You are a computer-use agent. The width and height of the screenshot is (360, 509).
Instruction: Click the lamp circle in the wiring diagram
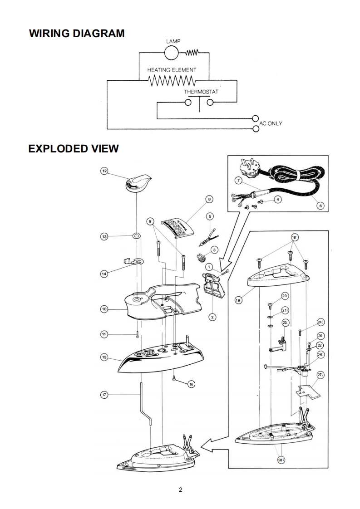pyautogui.click(x=172, y=53)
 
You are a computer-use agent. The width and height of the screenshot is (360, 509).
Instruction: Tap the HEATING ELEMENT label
pyautogui.click(x=172, y=70)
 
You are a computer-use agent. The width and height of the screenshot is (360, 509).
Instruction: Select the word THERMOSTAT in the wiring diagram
pyautogui.click(x=201, y=92)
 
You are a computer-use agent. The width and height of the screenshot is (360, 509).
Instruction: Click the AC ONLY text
pyautogui.click(x=271, y=123)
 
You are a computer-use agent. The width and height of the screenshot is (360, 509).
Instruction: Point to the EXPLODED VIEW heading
pyautogui.click(x=74, y=148)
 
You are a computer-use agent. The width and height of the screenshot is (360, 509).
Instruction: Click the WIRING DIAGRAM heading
pyautogui.click(x=77, y=34)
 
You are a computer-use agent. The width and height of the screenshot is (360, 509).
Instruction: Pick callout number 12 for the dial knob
pyautogui.click(x=104, y=171)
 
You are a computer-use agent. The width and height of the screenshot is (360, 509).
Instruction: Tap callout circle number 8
pyautogui.click(x=209, y=199)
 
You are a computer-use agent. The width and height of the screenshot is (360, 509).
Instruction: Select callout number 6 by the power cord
pyautogui.click(x=321, y=205)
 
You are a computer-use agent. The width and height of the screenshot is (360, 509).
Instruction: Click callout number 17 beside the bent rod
pyautogui.click(x=104, y=395)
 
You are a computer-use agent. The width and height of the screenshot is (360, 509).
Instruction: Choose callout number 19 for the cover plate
pyautogui.click(x=238, y=300)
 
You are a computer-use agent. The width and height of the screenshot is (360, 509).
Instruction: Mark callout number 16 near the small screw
pyautogui.click(x=191, y=384)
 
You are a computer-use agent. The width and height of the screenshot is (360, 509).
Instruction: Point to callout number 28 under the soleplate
pyautogui.click(x=280, y=460)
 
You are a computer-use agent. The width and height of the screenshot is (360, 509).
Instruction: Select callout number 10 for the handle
pyautogui.click(x=104, y=309)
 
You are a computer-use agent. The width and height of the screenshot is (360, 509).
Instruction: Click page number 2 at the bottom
pyautogui.click(x=180, y=490)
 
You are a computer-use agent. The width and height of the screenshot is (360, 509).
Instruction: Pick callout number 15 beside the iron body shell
pyautogui.click(x=104, y=357)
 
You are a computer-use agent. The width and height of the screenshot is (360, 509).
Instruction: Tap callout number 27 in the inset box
pyautogui.click(x=320, y=375)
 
